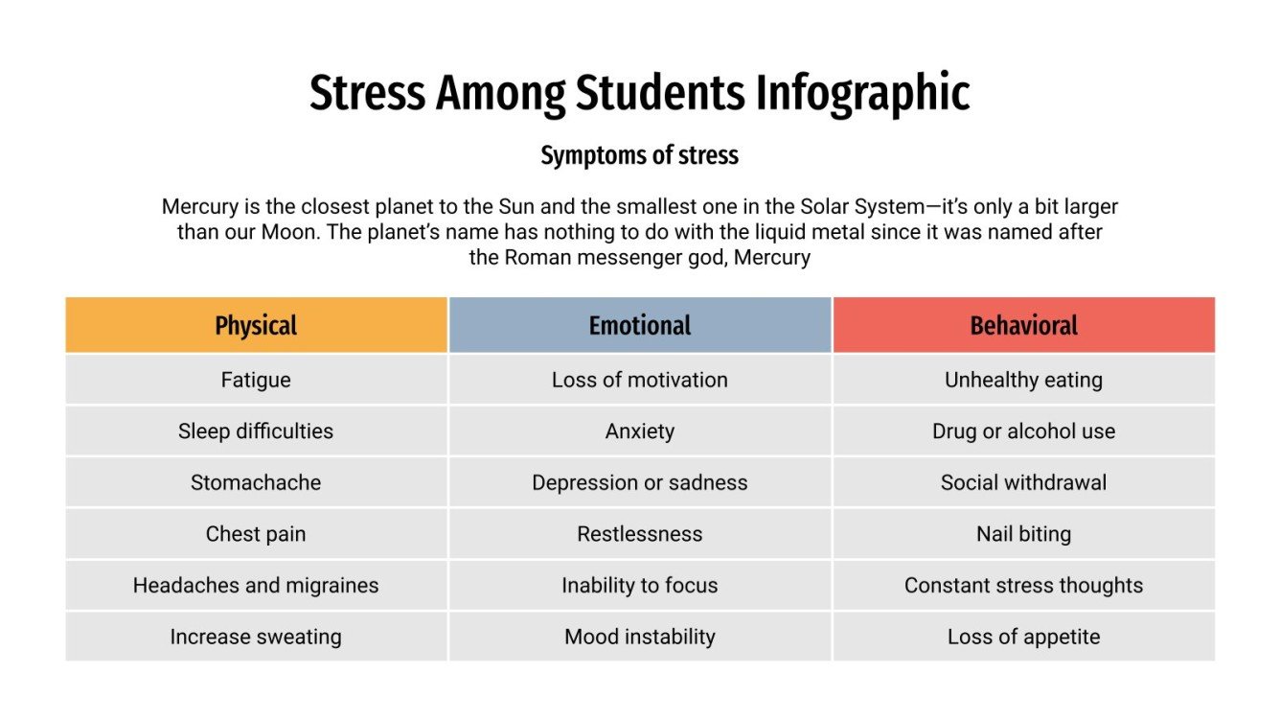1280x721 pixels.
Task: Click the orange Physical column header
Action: click(256, 325)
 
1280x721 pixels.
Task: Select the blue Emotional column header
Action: click(640, 325)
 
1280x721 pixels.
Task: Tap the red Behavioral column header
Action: click(1023, 325)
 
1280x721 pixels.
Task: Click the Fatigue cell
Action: click(256, 380)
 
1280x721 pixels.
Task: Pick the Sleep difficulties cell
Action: click(256, 431)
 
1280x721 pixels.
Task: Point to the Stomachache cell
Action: click(256, 482)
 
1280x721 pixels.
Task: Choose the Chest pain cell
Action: click(256, 534)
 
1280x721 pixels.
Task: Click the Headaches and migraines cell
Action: click(256, 585)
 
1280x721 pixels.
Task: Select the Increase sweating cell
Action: click(256, 637)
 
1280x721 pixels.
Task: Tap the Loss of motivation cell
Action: click(640, 380)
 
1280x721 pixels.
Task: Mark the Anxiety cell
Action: click(640, 431)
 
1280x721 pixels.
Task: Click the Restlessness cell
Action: click(640, 534)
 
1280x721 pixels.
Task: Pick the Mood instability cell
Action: click(640, 637)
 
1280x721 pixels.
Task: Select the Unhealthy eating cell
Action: click(1023, 380)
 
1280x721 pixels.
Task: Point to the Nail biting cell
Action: click(1023, 534)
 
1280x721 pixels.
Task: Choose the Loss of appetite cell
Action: click(1023, 637)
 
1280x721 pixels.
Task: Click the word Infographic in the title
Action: click(862, 94)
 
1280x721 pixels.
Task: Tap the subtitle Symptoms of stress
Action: click(640, 155)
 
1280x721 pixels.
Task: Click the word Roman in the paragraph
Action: click(533, 257)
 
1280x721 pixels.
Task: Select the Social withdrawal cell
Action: click(1023, 482)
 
